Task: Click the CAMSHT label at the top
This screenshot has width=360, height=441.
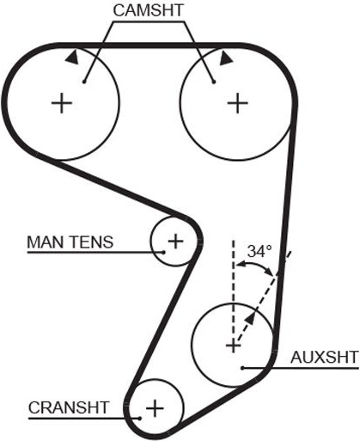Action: (x=148, y=10)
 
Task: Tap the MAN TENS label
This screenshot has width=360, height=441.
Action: (x=70, y=242)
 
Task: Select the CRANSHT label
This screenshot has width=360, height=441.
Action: (x=69, y=407)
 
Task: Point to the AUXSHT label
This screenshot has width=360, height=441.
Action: (x=324, y=358)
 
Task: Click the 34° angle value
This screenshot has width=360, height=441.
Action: (x=259, y=251)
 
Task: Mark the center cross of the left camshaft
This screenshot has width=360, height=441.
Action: (x=62, y=103)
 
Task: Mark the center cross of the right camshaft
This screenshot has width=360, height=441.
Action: (x=237, y=103)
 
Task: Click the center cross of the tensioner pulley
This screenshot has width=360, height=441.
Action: (x=175, y=241)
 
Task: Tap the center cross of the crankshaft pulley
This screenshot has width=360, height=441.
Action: (x=155, y=408)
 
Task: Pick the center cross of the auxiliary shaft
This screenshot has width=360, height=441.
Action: (x=234, y=346)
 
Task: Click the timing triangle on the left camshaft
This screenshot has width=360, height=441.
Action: (x=73, y=57)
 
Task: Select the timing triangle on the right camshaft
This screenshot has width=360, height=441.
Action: (x=226, y=58)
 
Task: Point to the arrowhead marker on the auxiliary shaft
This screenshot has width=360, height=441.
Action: (x=250, y=318)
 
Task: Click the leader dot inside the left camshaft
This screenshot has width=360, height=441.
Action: (x=84, y=82)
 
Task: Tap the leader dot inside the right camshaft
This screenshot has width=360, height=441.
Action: (x=213, y=83)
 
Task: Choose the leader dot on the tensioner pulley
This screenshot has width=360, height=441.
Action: (x=163, y=252)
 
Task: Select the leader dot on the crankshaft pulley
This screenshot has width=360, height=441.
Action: (x=140, y=419)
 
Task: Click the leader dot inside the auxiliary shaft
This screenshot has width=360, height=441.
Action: (x=242, y=368)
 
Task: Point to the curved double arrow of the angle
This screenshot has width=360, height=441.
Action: (x=255, y=265)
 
